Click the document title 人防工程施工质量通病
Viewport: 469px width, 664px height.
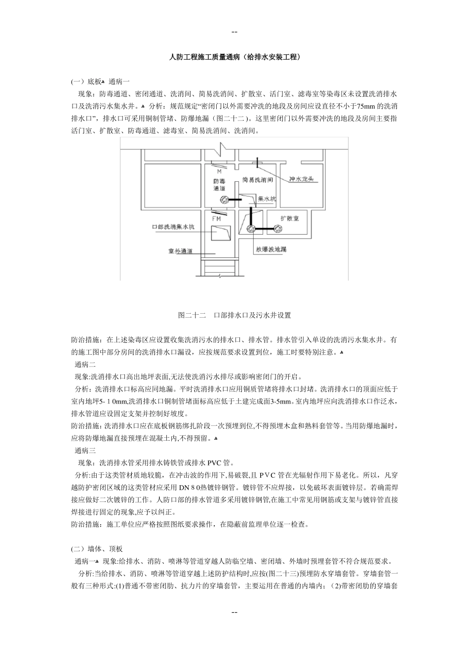(x=234, y=58)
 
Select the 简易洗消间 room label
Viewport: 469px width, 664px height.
(x=257, y=180)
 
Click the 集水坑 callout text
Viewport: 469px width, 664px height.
(x=267, y=199)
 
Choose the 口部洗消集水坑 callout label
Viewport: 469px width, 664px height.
(x=173, y=228)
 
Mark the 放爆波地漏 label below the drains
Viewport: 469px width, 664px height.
(x=271, y=249)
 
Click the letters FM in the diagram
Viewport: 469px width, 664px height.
(x=216, y=217)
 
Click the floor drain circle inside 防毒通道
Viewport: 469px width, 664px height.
(x=225, y=200)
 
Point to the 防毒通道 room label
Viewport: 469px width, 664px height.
(x=219, y=185)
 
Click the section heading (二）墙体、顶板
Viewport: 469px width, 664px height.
(x=97, y=548)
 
